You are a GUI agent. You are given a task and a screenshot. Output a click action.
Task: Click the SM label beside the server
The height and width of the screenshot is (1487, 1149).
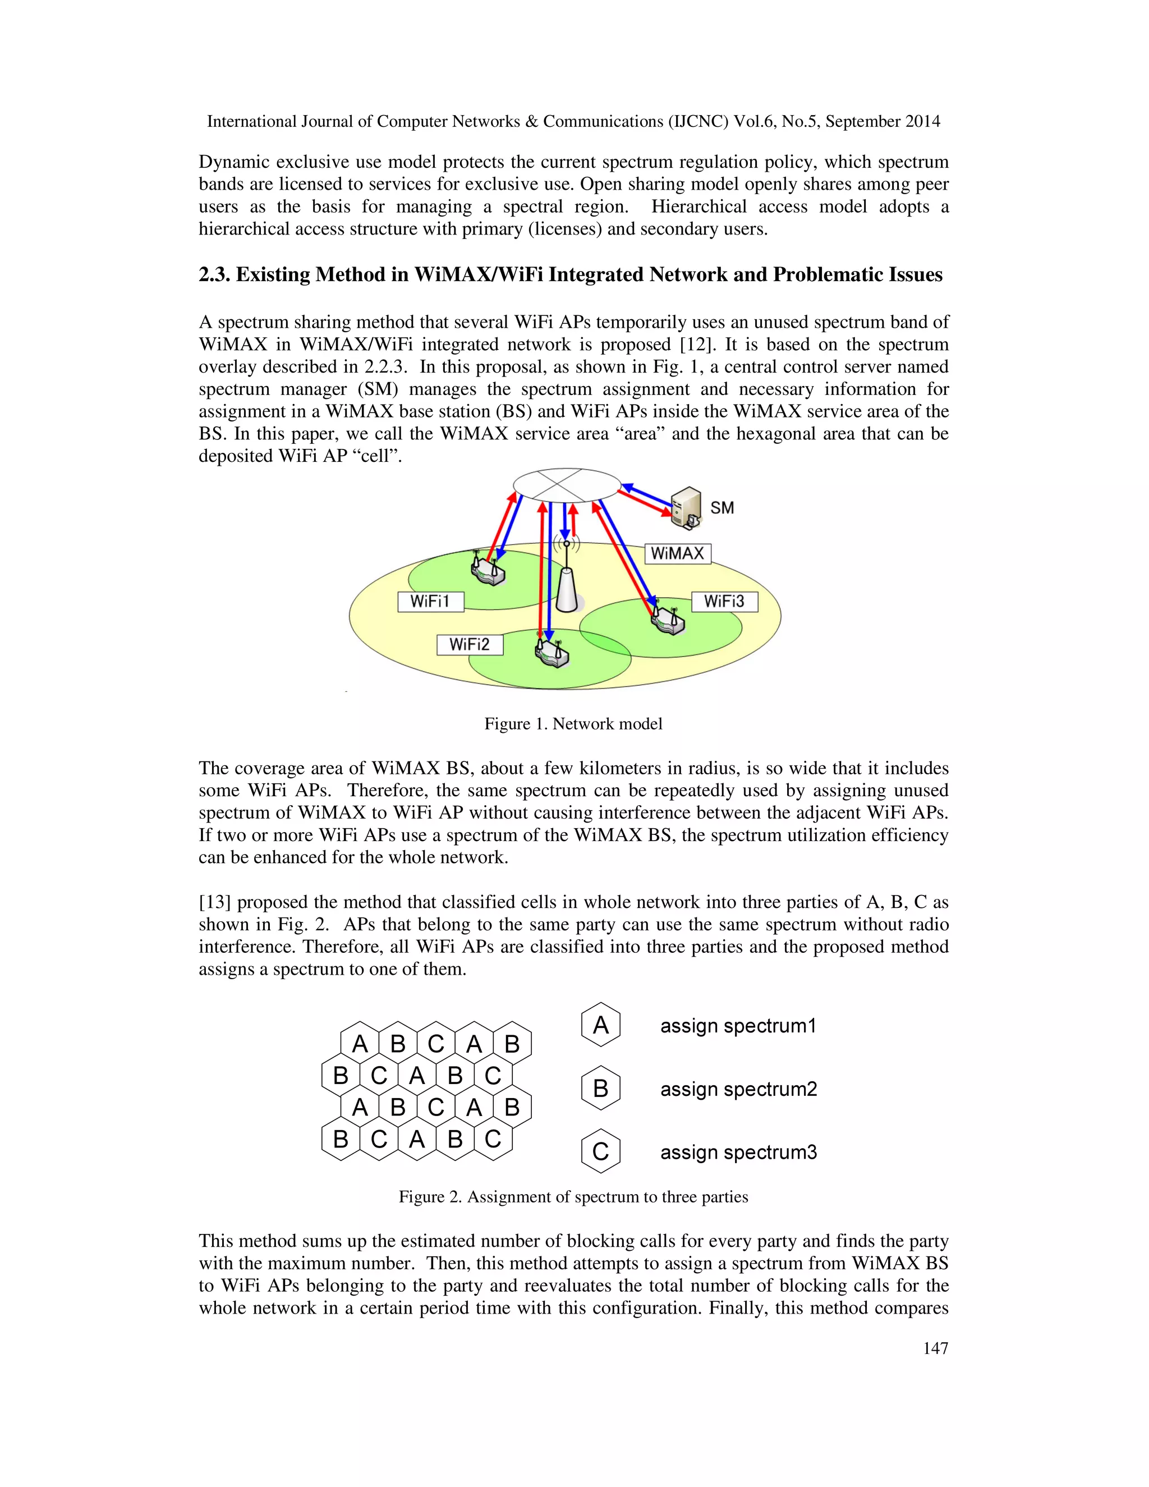(721, 508)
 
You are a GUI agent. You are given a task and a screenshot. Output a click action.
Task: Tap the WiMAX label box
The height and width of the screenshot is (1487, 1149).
(677, 553)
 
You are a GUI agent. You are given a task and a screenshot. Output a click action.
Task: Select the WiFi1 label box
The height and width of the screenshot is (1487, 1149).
(430, 602)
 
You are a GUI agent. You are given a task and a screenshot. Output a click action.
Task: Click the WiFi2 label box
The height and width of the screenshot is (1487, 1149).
(469, 645)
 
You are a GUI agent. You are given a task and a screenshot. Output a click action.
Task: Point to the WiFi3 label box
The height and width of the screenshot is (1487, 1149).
(724, 602)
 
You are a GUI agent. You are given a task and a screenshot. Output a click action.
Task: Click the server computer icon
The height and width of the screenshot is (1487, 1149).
(686, 508)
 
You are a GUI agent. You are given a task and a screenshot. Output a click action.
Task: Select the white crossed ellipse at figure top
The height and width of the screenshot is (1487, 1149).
(566, 485)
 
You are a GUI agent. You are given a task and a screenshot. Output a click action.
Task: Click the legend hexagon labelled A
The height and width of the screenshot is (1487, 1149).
(600, 1025)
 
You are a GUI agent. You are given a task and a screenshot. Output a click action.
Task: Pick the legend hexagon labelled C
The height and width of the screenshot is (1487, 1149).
(600, 1151)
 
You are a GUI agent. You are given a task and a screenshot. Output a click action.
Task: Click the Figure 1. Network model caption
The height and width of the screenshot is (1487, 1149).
(573, 724)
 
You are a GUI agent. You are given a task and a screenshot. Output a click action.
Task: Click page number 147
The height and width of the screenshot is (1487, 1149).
(935, 1348)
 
